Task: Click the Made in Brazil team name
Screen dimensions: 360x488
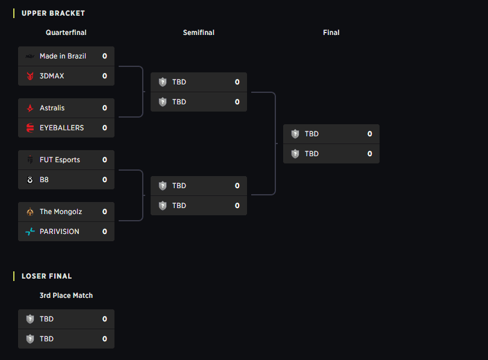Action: [x=63, y=56]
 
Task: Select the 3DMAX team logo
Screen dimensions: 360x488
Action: [x=30, y=76]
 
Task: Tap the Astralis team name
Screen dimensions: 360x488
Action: [x=52, y=108]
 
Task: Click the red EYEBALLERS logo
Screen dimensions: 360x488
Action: [x=30, y=128]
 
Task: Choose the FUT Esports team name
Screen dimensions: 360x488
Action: [x=60, y=160]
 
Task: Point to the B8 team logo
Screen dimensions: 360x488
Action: [x=30, y=180]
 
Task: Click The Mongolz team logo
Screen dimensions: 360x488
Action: [x=30, y=212]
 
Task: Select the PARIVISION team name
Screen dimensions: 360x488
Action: [x=59, y=232]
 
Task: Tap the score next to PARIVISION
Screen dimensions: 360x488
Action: [x=105, y=232]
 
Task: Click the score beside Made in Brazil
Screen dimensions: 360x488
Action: [x=105, y=56]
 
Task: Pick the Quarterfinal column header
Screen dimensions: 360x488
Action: [x=66, y=33]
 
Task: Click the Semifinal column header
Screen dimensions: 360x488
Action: [x=199, y=33]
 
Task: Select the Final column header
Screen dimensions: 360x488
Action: [x=331, y=33]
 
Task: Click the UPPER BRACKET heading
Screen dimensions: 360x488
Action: [x=53, y=13]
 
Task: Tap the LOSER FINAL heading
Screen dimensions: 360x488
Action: [x=46, y=276]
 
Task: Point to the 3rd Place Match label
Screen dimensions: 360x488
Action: [x=66, y=295]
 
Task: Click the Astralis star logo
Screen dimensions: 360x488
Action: [x=30, y=108]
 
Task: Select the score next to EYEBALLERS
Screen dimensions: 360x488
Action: [x=105, y=128]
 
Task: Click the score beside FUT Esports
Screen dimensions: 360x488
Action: [x=105, y=160]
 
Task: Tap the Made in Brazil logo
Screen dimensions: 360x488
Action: [x=30, y=56]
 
